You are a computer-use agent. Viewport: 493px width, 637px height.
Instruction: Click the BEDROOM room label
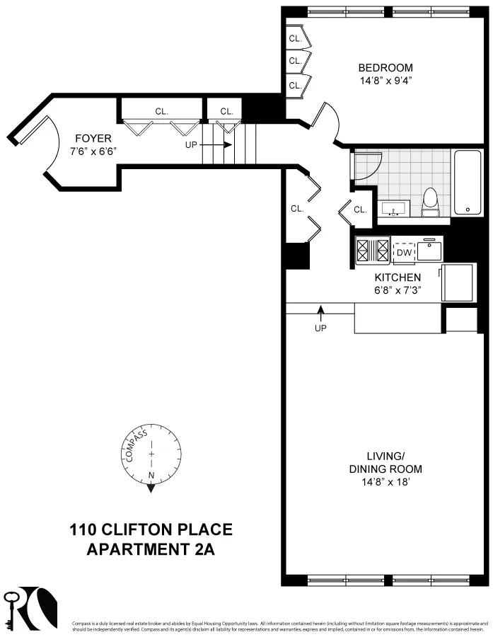[385, 68]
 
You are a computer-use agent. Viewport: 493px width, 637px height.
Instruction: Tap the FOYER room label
[92, 139]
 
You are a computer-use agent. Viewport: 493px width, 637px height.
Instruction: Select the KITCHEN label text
[398, 277]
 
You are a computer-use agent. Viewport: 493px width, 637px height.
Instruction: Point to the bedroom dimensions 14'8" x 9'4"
[385, 81]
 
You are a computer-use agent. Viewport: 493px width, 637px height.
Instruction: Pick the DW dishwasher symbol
[404, 253]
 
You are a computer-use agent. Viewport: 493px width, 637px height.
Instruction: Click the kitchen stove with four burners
[373, 251]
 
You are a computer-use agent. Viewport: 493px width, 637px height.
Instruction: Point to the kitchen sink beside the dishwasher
[429, 251]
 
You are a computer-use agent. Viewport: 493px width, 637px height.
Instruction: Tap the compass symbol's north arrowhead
[151, 487]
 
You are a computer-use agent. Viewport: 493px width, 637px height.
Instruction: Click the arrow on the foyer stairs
[227, 145]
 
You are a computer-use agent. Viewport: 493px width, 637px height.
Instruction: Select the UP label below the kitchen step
[320, 328]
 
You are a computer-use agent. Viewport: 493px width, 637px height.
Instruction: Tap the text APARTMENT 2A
[151, 549]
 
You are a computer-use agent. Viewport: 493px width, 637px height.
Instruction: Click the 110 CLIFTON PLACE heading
[151, 530]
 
